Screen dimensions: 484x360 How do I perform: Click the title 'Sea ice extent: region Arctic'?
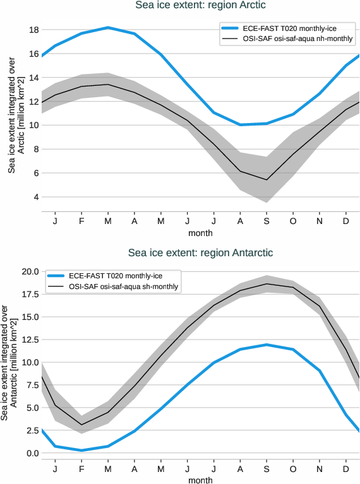[200, 6]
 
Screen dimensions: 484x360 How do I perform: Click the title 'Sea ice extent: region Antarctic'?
[200, 252]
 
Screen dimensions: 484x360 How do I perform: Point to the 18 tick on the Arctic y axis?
[34, 30]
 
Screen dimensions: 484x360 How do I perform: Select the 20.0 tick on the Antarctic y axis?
[31, 271]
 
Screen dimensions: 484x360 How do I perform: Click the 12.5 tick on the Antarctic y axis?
[31, 339]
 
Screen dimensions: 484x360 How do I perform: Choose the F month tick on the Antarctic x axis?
[81, 469]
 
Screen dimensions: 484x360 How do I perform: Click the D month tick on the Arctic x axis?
[347, 222]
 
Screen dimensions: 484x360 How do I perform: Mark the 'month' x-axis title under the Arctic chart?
[200, 233]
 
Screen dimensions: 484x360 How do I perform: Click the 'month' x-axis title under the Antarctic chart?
[200, 480]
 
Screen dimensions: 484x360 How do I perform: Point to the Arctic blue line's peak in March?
[108, 28]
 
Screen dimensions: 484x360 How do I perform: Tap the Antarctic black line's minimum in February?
[81, 425]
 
